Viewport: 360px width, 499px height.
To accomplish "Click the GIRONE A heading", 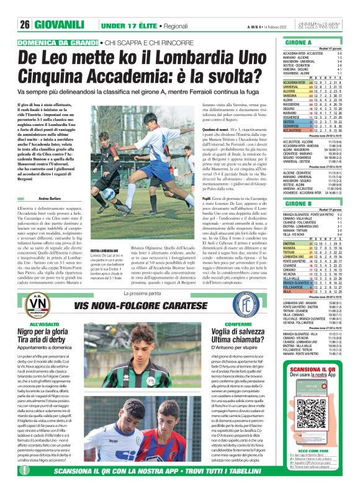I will tap(299, 42).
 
